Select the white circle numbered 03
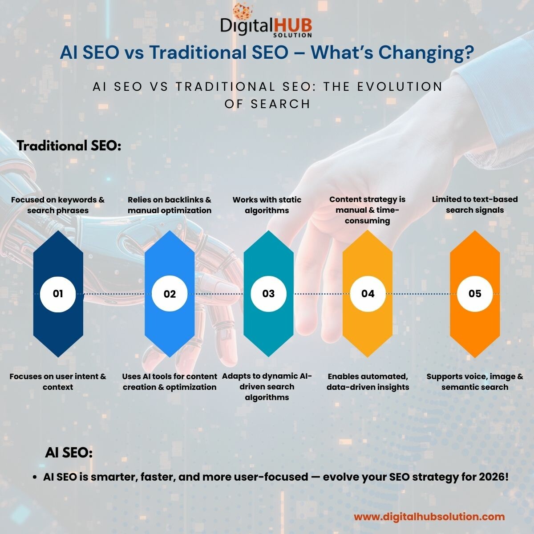tap(268, 294)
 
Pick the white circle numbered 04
tap(368, 294)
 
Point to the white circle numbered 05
tap(475, 294)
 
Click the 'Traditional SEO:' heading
tap(69, 146)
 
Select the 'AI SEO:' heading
tap(69, 453)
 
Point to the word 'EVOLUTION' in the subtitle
tap(400, 86)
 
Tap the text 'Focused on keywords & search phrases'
tap(58, 205)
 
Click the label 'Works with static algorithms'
tap(267, 205)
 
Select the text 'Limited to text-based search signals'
tap(475, 205)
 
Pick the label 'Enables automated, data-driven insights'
tap(368, 381)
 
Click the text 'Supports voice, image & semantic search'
tap(475, 381)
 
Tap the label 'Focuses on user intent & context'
tap(58, 381)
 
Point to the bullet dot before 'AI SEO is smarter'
tap(35, 477)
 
